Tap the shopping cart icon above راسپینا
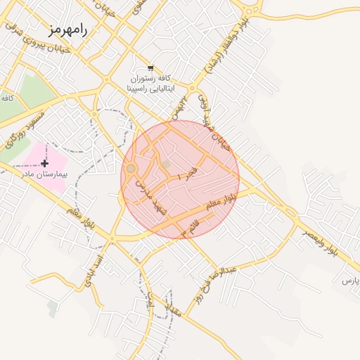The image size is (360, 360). pos(151,68)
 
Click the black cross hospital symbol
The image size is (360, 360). pos(45,163)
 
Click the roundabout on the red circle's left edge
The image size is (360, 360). pos(131,169)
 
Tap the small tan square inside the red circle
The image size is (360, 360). pos(166,165)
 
